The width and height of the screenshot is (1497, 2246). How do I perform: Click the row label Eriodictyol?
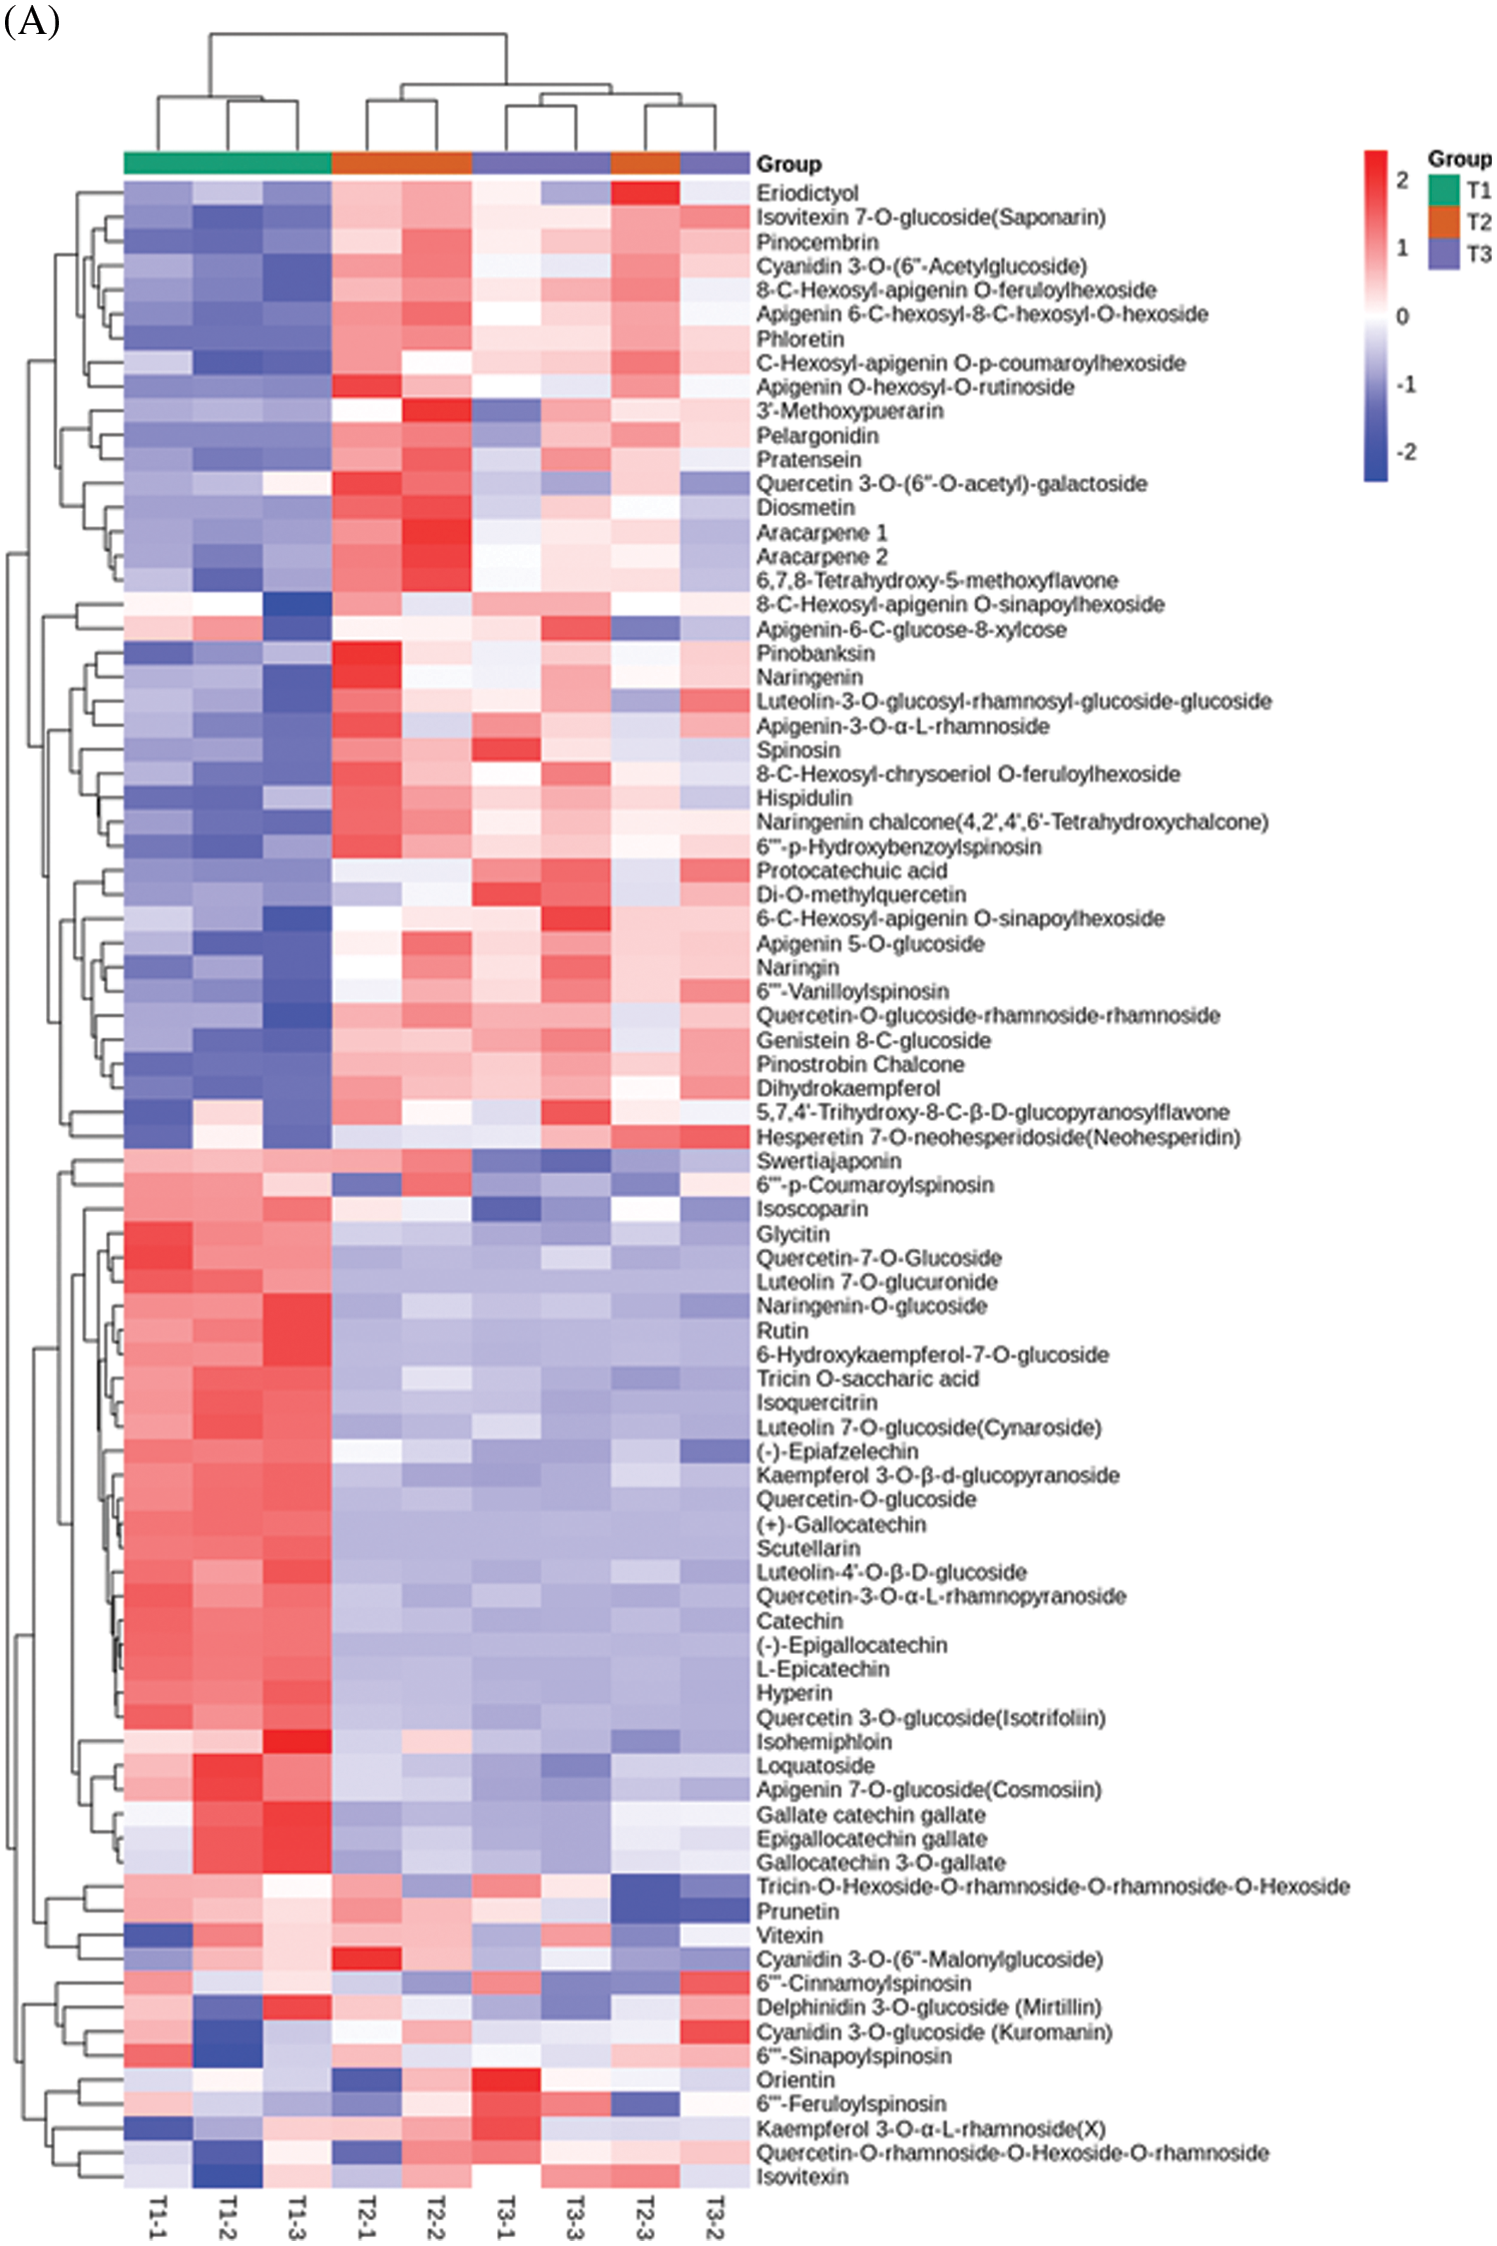click(806, 193)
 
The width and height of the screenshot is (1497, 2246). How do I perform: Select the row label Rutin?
click(781, 1331)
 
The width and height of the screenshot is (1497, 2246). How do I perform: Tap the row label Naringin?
click(797, 967)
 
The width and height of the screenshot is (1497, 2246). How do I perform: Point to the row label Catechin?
click(799, 1621)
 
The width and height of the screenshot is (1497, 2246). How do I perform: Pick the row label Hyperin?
click(793, 1693)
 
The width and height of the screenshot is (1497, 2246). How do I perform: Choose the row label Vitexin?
click(789, 1936)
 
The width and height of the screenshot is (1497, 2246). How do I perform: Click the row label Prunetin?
click(797, 1912)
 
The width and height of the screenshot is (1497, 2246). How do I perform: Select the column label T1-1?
click(158, 2216)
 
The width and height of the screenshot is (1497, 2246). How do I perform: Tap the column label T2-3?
click(645, 2216)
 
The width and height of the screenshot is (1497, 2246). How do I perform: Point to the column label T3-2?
click(715, 2216)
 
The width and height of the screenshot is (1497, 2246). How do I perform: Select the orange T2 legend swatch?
click(1443, 222)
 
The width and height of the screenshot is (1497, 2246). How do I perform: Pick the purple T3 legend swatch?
click(1443, 254)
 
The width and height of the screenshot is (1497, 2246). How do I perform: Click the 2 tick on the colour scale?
click(1402, 181)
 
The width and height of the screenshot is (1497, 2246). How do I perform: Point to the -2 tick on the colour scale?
click(1405, 452)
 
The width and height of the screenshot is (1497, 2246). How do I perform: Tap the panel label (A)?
click(32, 20)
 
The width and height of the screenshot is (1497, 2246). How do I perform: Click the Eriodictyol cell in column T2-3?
click(645, 193)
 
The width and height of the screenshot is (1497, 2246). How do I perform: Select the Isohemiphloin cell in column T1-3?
click(296, 1742)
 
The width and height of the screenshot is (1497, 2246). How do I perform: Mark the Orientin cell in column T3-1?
click(506, 2080)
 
